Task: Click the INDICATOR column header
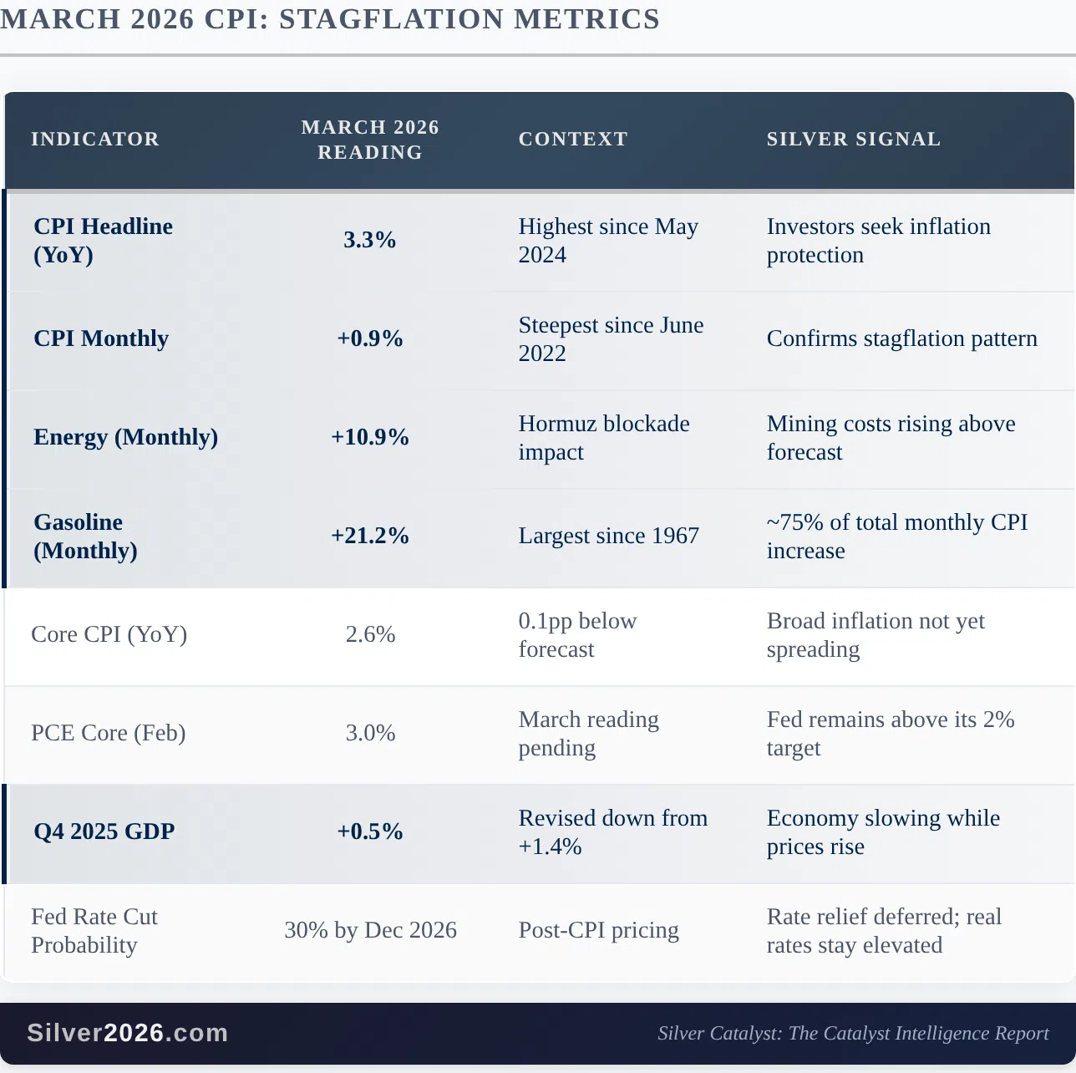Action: click(x=95, y=139)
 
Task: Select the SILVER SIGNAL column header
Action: click(x=853, y=139)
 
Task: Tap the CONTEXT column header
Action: click(x=573, y=139)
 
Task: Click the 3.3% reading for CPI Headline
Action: click(x=370, y=240)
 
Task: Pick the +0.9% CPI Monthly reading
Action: click(x=370, y=338)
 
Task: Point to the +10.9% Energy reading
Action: click(x=370, y=437)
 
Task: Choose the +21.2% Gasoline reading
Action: click(x=370, y=536)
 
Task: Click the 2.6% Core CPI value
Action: click(x=370, y=634)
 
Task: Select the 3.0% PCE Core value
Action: click(x=370, y=733)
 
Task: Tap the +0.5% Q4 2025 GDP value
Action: click(x=370, y=831)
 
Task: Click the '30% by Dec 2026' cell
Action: click(x=370, y=930)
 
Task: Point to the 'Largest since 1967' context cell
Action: click(x=608, y=536)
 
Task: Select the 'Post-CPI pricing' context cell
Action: click(x=598, y=930)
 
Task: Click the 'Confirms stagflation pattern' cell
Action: click(x=901, y=338)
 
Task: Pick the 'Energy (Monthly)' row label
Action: click(x=125, y=437)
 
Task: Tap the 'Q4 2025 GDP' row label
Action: click(x=104, y=831)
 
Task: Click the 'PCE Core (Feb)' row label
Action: click(x=109, y=733)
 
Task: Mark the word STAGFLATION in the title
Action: click(x=388, y=19)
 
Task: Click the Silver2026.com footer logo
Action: click(x=128, y=1033)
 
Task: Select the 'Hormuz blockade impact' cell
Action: click(x=603, y=437)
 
